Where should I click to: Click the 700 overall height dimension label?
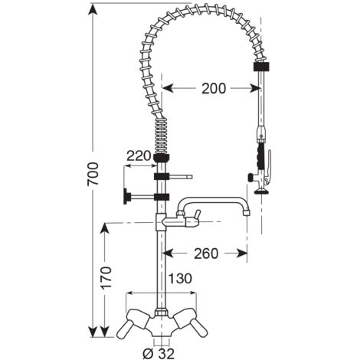pyautogui.click(x=93, y=174)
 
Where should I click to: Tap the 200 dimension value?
pyautogui.click(x=214, y=89)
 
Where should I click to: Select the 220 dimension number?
pyautogui.click(x=139, y=155)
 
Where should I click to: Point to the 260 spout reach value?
pyautogui.click(x=206, y=254)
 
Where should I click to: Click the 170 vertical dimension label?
pyautogui.click(x=106, y=277)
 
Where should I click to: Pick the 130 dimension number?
pyautogui.click(x=180, y=278)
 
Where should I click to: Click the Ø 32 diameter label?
pyautogui.click(x=159, y=353)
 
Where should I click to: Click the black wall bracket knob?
pyautogui.click(x=127, y=196)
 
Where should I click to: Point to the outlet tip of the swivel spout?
pyautogui.click(x=247, y=211)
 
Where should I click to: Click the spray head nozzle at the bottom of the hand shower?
pyautogui.click(x=262, y=191)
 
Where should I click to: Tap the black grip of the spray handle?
pyautogui.click(x=260, y=155)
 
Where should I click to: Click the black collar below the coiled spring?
pyautogui.click(x=161, y=158)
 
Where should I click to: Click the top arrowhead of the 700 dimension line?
pyautogui.click(x=93, y=11)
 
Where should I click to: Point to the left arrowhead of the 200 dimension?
pyautogui.click(x=168, y=88)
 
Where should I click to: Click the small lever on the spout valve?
pyautogui.click(x=197, y=214)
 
